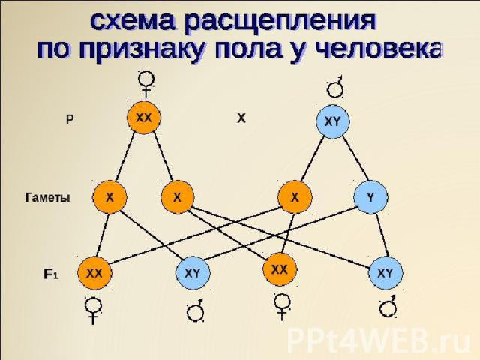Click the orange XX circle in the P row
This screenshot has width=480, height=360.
coord(144,118)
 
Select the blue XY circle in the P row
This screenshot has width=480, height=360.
coord(333,121)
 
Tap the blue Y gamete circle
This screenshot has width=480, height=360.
coord(370,197)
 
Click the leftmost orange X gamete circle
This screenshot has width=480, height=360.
coord(109,197)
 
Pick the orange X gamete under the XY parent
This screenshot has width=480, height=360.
coord(295,197)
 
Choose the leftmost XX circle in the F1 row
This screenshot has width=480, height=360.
coord(94,273)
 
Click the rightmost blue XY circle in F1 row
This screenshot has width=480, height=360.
coord(385,273)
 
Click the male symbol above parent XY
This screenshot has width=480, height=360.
coord(335,87)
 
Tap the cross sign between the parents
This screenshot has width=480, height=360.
coord(241,118)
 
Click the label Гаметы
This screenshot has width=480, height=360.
coord(47,198)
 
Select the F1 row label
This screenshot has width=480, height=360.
coord(50,274)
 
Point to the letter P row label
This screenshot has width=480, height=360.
coord(70,120)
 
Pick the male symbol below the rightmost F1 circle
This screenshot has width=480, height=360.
coord(388,306)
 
